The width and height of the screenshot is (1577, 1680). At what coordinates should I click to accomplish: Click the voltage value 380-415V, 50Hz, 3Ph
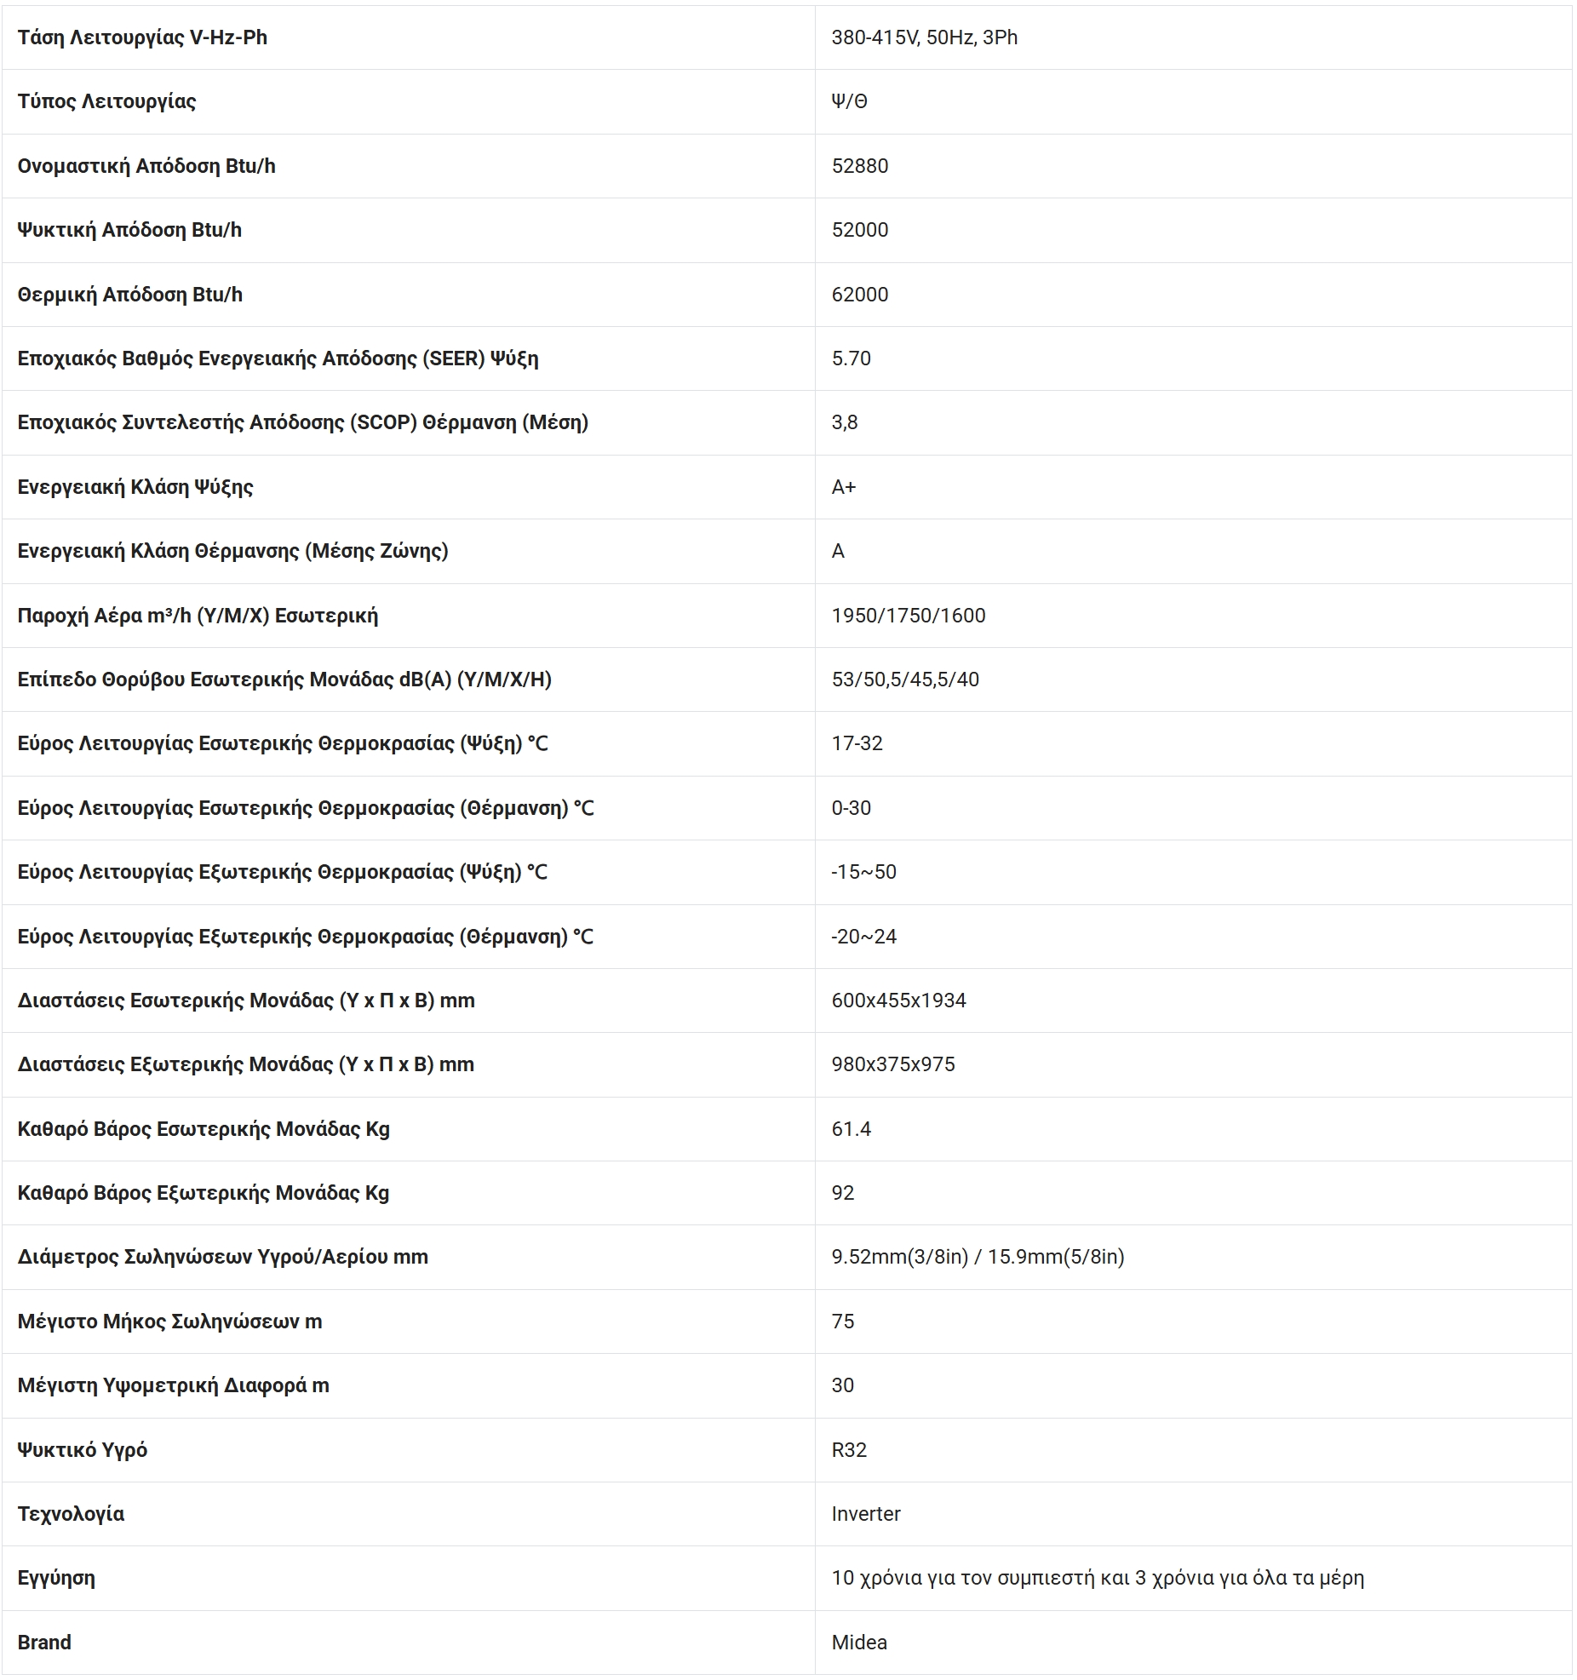(x=924, y=37)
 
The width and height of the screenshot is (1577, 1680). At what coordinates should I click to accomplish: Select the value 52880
(x=859, y=166)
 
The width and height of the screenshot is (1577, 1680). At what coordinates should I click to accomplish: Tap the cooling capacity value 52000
(x=859, y=230)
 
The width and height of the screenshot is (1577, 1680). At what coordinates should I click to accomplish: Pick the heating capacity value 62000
(x=859, y=295)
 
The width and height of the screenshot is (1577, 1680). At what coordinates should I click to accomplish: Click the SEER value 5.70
(x=851, y=358)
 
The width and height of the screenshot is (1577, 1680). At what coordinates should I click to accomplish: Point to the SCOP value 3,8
(x=844, y=422)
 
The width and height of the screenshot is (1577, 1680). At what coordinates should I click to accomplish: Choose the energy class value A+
(x=843, y=487)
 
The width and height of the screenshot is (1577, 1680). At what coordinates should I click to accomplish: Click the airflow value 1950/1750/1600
(x=908, y=616)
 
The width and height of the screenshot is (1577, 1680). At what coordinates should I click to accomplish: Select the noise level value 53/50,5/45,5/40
(x=904, y=679)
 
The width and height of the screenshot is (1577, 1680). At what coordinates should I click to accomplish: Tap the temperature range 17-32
(x=857, y=743)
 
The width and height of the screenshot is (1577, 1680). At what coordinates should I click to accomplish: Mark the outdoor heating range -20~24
(x=863, y=937)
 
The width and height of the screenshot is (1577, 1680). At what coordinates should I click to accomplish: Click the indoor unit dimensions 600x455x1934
(x=898, y=1001)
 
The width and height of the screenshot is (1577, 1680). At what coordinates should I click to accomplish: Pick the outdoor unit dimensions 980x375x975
(x=892, y=1064)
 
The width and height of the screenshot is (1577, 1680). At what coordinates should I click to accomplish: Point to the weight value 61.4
(x=851, y=1129)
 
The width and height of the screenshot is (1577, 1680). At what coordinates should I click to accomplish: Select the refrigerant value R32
(x=848, y=1450)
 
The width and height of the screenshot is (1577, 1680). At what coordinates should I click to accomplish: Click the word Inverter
(x=865, y=1514)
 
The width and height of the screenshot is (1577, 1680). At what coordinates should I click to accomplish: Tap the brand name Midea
(x=858, y=1643)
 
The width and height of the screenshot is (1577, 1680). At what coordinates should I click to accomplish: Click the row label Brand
(x=44, y=1643)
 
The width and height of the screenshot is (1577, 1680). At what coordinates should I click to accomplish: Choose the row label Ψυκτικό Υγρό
(x=82, y=1450)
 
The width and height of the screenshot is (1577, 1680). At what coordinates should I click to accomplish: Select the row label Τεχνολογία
(x=71, y=1514)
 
